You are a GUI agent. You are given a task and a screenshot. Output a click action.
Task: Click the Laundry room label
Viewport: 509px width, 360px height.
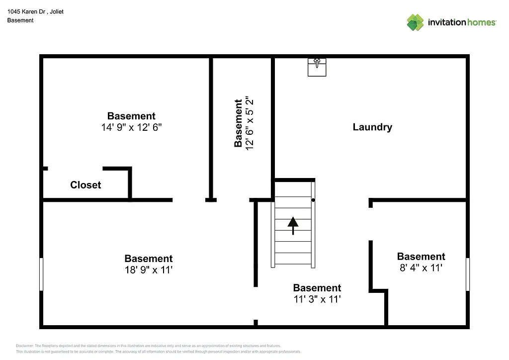372,127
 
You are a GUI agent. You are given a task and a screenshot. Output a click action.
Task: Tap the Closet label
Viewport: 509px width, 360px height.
85,185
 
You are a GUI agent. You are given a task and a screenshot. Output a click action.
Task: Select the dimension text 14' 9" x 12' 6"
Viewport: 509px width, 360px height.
131,127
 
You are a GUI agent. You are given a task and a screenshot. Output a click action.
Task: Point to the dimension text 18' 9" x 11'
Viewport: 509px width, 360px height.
148,270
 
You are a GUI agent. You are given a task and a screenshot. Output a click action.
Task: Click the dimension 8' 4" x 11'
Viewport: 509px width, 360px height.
421,268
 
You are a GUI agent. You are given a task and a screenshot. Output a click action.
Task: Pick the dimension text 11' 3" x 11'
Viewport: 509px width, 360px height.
317,299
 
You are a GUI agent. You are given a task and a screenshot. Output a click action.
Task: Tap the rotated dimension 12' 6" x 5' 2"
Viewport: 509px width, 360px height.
250,123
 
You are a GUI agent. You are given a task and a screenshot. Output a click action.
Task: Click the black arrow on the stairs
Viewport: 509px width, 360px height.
293,225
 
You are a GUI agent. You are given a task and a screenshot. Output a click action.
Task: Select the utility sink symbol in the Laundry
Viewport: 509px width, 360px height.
317,67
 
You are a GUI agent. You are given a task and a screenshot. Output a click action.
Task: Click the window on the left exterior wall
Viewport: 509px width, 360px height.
41,274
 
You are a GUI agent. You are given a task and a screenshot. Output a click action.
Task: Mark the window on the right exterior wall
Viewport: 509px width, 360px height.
467,274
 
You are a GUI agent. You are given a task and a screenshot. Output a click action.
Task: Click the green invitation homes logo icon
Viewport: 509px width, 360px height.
415,22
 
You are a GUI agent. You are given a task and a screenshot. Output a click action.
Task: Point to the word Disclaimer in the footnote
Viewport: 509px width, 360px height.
25,346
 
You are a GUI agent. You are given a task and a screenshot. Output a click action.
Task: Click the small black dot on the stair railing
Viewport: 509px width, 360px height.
313,200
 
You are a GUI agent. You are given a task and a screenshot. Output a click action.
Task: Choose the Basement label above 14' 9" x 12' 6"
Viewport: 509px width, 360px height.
131,116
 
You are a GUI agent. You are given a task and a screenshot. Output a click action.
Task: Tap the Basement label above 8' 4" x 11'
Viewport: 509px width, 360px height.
421,257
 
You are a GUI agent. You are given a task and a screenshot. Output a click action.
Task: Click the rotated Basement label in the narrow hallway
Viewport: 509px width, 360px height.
239,123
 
